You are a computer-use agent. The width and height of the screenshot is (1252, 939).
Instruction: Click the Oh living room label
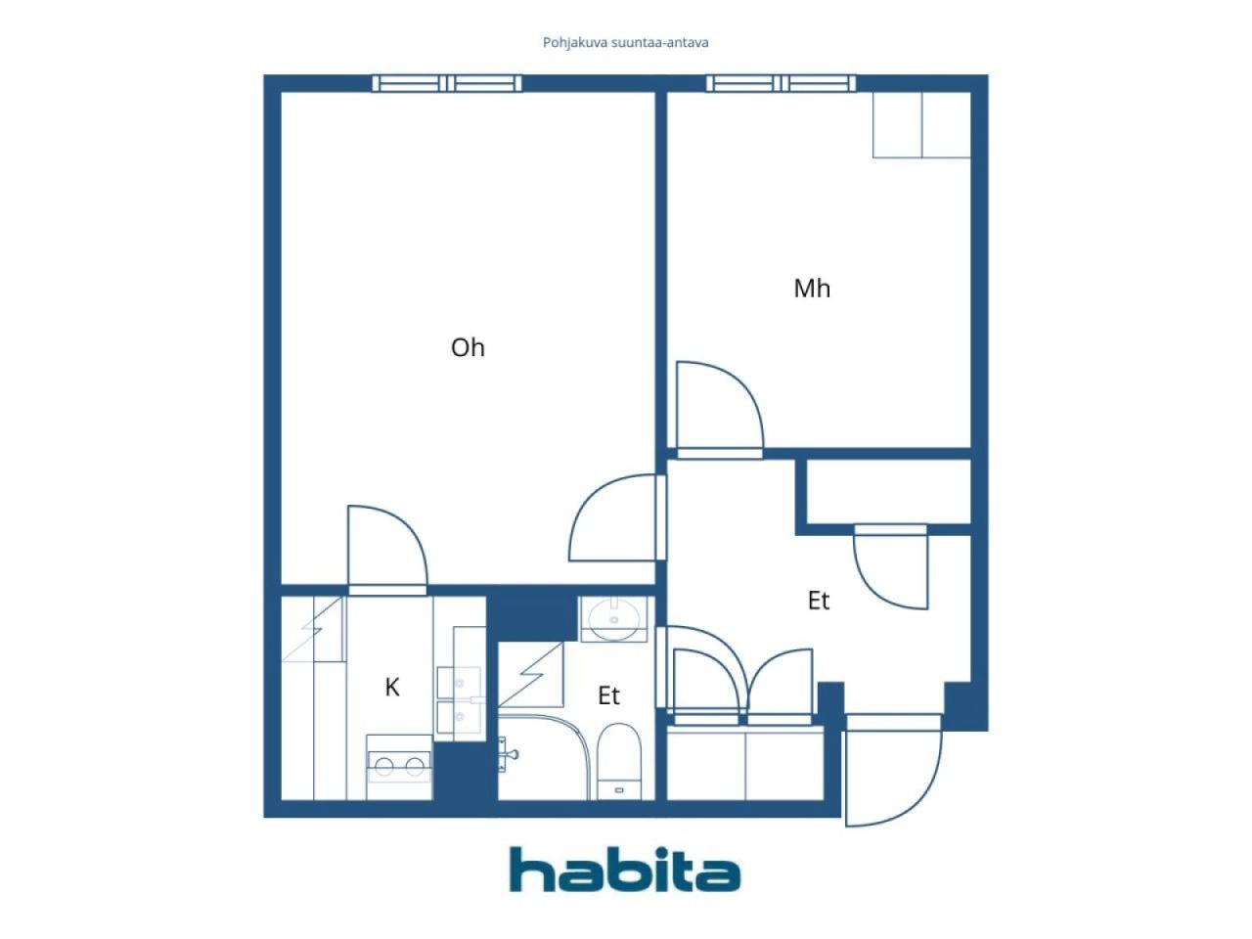468,347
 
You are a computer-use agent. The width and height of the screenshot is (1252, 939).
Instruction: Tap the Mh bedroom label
812,289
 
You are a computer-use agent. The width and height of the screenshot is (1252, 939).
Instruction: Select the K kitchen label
392,688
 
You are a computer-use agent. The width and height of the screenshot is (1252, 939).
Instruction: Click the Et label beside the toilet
608,695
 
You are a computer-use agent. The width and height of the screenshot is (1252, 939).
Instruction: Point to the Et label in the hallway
819,601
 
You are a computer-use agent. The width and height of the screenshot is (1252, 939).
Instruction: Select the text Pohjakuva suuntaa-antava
625,42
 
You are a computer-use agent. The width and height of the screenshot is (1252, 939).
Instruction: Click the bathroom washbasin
614,619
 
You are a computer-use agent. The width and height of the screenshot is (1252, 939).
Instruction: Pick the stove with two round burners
399,764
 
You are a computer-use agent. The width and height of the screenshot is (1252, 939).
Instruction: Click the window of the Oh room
448,84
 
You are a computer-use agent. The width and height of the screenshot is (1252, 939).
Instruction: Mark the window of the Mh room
782,84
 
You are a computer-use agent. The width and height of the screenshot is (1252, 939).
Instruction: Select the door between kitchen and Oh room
387,549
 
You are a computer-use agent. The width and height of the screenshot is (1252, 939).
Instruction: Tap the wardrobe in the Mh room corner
921,125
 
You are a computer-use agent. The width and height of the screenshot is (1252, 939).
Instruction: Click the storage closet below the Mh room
888,492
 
